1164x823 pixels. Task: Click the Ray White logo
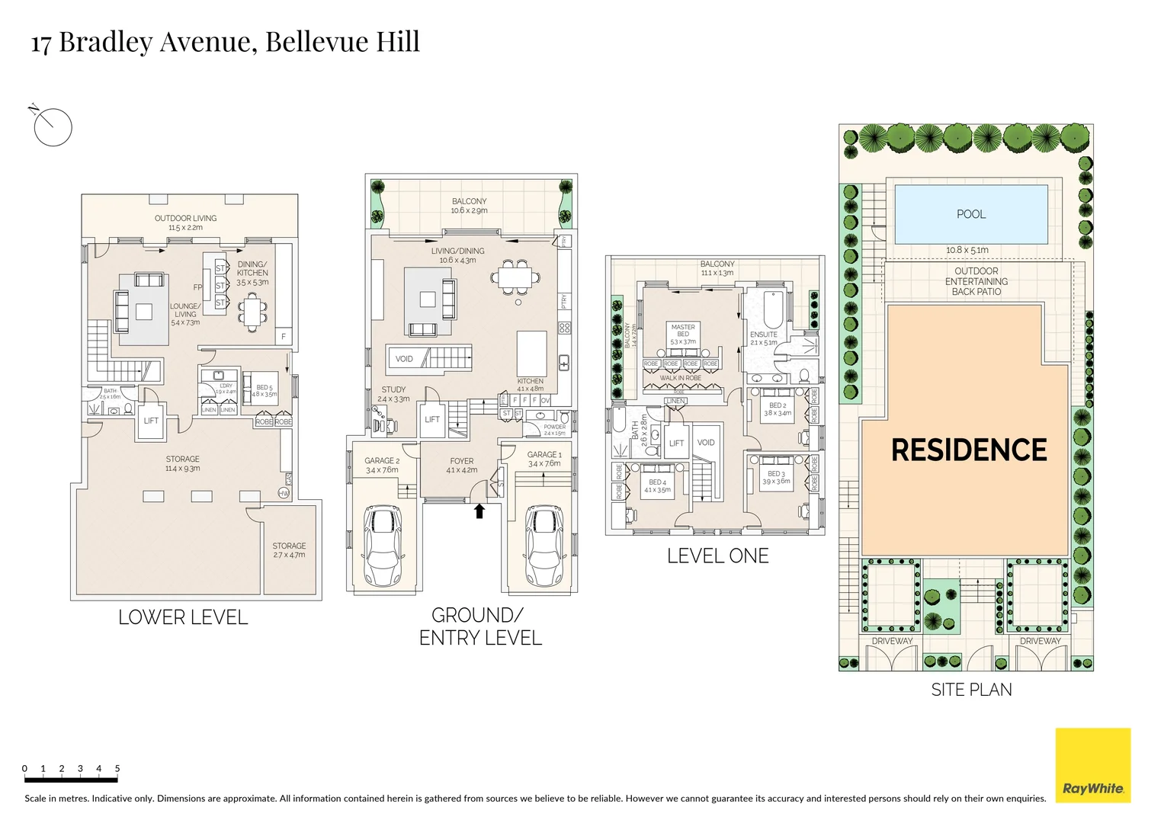tap(1092, 765)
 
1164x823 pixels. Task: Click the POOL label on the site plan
tap(970, 214)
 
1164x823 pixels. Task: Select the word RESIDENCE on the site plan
tap(968, 450)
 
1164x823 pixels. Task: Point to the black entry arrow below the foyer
tap(479, 511)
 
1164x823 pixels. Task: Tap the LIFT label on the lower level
tap(151, 421)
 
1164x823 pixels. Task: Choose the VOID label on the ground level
tap(404, 359)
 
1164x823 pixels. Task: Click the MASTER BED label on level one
tap(683, 331)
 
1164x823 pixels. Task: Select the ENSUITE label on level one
tap(763, 335)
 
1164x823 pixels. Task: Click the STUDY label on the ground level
tap(393, 389)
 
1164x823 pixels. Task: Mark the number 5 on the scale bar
tap(117, 768)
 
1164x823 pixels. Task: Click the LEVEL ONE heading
tap(717, 556)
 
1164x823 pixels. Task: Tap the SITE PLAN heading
tap(971, 690)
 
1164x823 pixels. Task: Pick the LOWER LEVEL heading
tap(183, 617)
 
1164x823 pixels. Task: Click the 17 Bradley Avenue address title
tap(225, 42)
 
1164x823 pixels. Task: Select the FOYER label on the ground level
tap(461, 461)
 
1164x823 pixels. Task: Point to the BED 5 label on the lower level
tap(264, 388)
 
